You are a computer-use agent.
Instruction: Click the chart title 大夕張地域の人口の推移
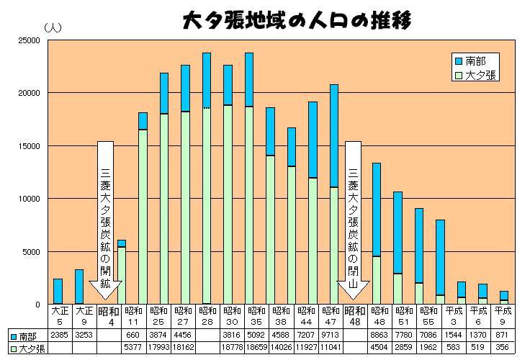point(295,19)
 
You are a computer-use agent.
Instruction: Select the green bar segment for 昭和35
point(248,205)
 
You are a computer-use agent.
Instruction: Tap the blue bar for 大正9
point(79,287)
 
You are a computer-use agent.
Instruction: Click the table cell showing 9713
point(333,335)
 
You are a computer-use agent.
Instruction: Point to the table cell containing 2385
point(58,335)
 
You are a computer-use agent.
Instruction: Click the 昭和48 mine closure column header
point(354,316)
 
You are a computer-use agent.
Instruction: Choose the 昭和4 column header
point(108,316)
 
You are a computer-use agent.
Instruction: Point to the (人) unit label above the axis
point(54,28)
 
